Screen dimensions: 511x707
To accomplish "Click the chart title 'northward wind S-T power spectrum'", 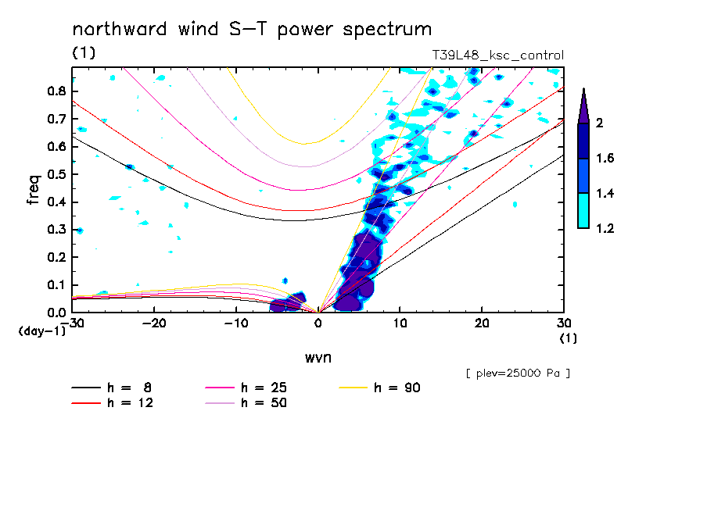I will (x=252, y=30).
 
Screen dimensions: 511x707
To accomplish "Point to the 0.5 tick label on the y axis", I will (x=56, y=174).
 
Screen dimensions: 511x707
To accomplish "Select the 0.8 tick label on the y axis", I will (x=56, y=91).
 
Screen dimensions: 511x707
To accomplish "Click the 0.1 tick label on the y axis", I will (x=56, y=285).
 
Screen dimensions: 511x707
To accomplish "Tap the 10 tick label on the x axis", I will (x=400, y=323).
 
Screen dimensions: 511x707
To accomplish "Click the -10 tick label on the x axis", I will (x=236, y=323).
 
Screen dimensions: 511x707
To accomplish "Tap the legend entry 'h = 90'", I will (x=399, y=388).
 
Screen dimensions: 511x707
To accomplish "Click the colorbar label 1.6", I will (x=605, y=159).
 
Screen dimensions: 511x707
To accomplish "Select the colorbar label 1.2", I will (x=605, y=229).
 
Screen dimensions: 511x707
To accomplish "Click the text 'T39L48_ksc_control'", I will (x=498, y=55).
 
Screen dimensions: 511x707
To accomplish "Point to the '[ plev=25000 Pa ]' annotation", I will (x=517, y=373).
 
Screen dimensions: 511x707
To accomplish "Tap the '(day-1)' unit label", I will (x=42, y=331).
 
